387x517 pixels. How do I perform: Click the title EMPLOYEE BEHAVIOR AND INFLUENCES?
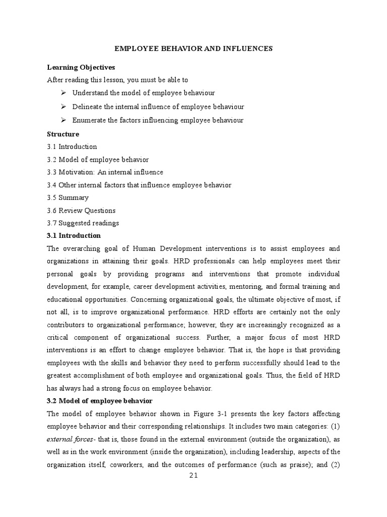tap(193, 48)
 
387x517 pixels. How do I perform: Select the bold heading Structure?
tap(63, 134)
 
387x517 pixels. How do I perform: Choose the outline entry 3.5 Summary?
tap(68, 197)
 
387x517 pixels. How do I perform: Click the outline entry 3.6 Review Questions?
tap(81, 211)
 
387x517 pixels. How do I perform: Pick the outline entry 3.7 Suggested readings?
tap(83, 223)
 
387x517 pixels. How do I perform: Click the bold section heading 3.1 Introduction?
tap(74, 236)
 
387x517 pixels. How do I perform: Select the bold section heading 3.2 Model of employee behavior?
tap(100, 401)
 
